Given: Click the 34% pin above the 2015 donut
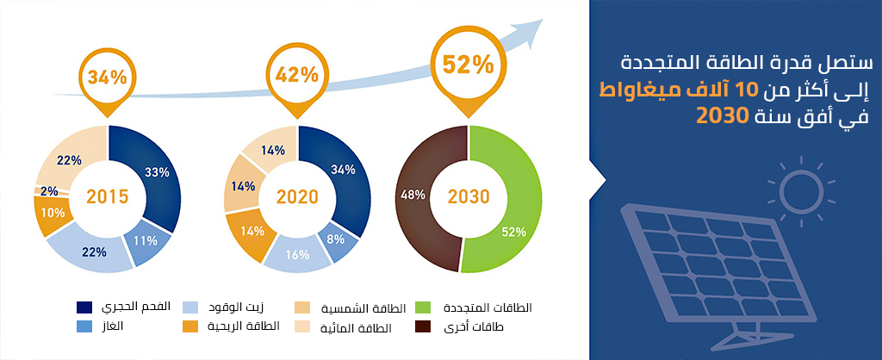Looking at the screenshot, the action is [108, 78].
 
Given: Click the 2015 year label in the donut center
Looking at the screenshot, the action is [108, 197].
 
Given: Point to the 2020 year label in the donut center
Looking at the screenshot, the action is [297, 197].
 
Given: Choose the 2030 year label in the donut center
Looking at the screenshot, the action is [469, 197].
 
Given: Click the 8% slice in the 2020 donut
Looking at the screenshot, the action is [338, 240].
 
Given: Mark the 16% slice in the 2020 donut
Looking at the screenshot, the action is [297, 255].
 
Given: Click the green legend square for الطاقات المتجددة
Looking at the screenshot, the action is [422, 307].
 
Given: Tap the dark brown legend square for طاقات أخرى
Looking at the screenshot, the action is [422, 326].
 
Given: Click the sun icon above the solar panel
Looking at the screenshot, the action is [802, 189].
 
